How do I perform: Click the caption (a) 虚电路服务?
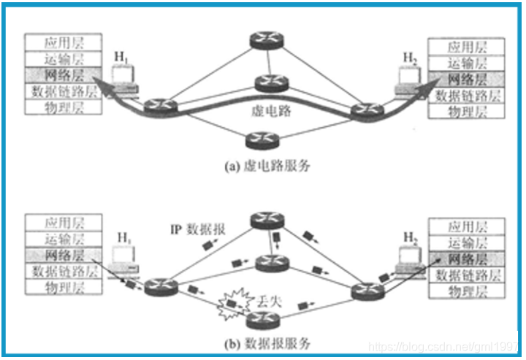tap(268, 166)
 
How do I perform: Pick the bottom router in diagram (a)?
tap(261, 139)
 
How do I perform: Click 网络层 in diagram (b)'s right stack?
tap(468, 259)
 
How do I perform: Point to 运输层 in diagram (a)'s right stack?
tap(468, 64)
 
